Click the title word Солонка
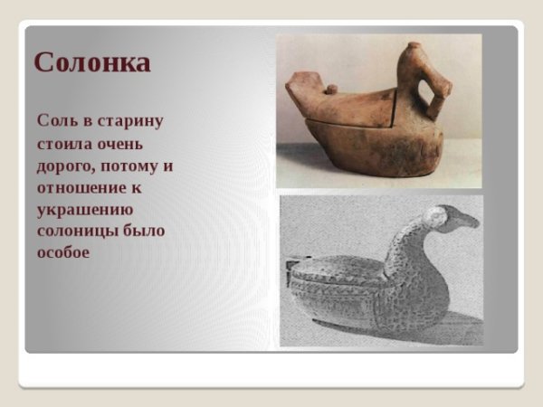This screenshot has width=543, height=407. pos(91,62)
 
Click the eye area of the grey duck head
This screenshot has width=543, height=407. pos(442,215)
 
